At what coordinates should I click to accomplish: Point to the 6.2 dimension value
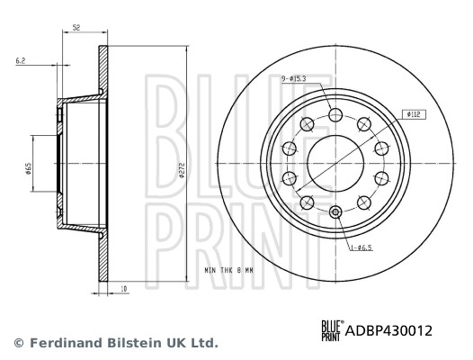click(x=21, y=61)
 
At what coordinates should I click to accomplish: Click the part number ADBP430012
click(x=388, y=330)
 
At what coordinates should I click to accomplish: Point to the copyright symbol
click(x=18, y=343)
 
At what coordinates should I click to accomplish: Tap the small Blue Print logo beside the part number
click(x=330, y=330)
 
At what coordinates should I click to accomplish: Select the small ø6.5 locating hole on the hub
click(x=335, y=212)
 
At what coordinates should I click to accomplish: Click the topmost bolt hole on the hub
click(x=335, y=114)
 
